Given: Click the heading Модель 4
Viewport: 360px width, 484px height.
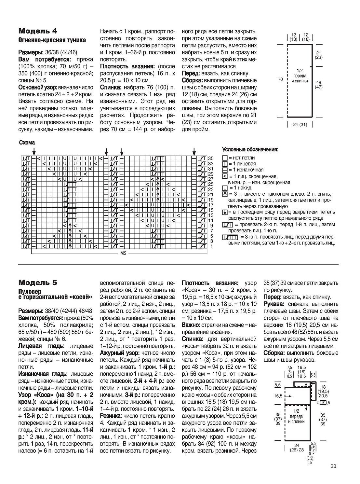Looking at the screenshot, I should [x=38, y=31].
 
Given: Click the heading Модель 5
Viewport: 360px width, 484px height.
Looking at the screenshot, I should [x=38, y=282].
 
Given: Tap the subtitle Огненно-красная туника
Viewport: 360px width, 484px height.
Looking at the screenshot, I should [x=52, y=40].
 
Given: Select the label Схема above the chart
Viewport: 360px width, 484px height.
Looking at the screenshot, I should [x=27, y=143].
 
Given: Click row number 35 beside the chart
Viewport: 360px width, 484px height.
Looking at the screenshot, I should [x=211, y=159].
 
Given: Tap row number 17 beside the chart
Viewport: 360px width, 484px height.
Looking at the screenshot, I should [x=211, y=205].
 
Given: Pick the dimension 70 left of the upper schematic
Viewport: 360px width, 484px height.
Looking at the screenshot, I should [x=280, y=79].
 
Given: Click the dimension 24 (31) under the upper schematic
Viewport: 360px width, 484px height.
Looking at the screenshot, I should [x=299, y=124].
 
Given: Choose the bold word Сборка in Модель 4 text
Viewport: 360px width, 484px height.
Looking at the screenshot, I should [x=192, y=80].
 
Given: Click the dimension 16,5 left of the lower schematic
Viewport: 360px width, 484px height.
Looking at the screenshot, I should [x=278, y=396].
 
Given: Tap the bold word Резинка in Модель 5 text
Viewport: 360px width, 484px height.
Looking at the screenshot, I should [x=110, y=416].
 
